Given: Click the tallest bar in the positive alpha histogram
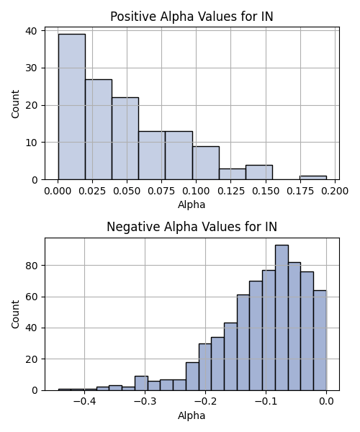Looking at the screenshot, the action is point(71,107).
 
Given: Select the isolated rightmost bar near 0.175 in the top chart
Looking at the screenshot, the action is point(313,178).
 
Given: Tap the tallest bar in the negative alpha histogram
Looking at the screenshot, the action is point(282,318).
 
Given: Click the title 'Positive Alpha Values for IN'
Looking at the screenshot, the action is point(192,17).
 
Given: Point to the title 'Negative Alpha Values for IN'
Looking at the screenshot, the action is point(192,227).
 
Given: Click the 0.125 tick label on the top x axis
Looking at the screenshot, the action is point(231,191).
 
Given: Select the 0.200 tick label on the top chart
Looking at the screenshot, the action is point(335,191).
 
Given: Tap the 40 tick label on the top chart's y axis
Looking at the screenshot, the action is point(32,31).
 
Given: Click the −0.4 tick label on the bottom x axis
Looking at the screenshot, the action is point(84,401).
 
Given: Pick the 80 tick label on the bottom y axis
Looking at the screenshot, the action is point(32,266).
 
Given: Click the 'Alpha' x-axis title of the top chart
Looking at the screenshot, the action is point(192,204).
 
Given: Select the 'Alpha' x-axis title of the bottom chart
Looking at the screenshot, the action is point(192,415).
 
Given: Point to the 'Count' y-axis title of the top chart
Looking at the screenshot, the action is point(15,104).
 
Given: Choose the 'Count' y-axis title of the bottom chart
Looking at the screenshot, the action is point(15,315).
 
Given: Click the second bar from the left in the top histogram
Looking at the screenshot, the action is point(99,130).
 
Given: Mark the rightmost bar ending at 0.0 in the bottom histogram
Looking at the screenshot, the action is point(320,341).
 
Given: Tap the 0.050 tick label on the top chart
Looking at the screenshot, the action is point(127,191).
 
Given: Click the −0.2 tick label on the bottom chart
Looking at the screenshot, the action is point(205,401).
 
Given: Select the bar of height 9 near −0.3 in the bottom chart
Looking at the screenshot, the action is point(141,383).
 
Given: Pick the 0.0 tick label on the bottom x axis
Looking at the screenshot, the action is point(327,401).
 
